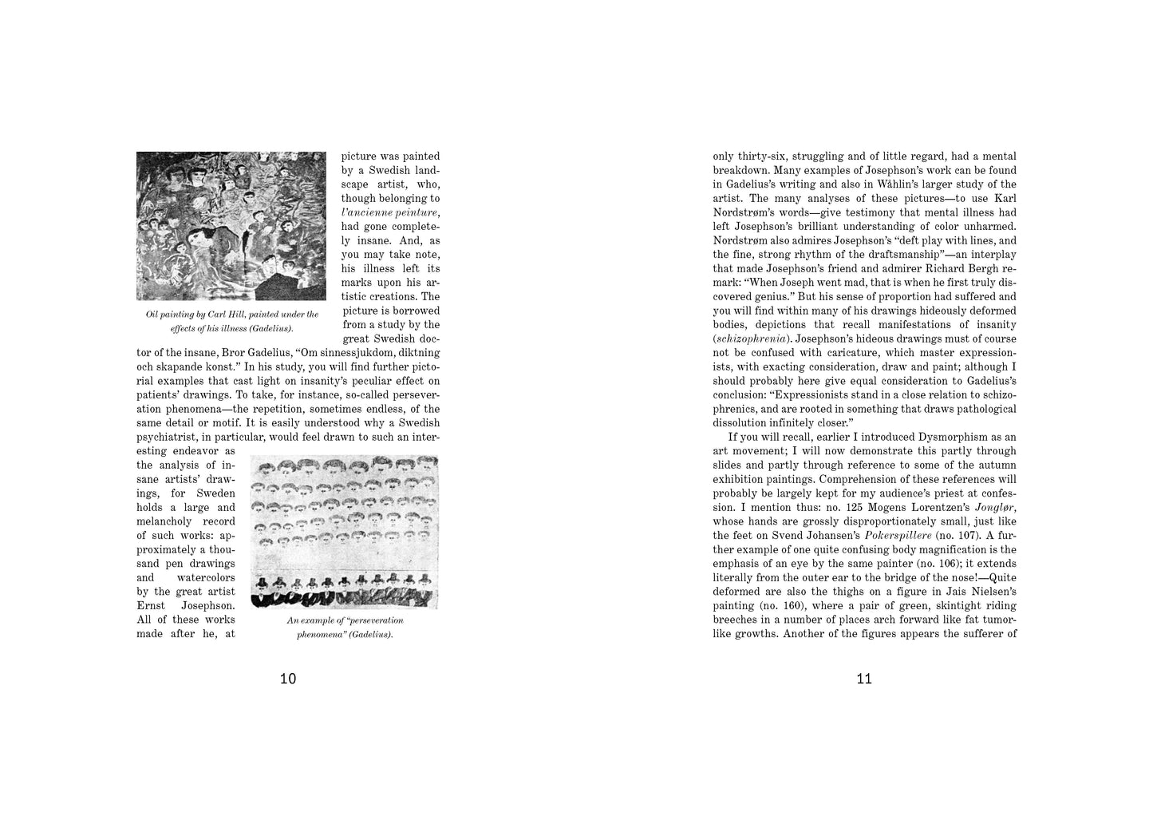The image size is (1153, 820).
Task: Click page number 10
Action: pyautogui.click(x=288, y=679)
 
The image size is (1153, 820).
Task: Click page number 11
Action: pyautogui.click(x=864, y=679)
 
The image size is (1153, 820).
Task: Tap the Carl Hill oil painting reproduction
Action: pyautogui.click(x=231, y=226)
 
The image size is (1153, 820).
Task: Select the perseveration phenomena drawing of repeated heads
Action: pyautogui.click(x=345, y=532)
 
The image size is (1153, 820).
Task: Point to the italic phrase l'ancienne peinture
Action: pyautogui.click(x=390, y=212)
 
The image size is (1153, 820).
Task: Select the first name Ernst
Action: pyautogui.click(x=152, y=606)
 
